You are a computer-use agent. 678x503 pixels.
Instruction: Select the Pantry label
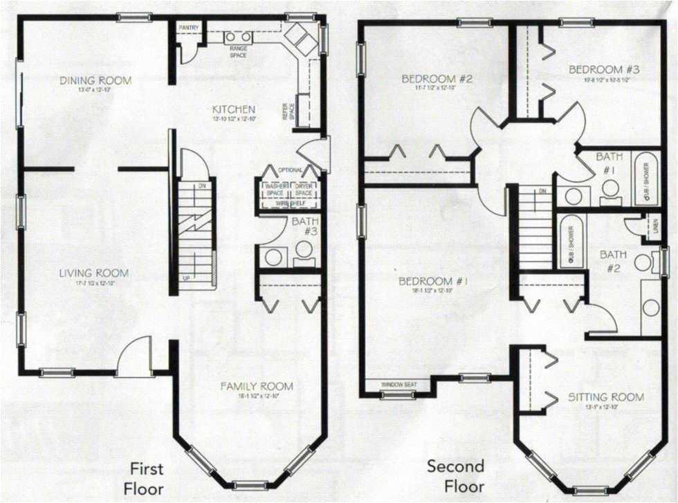point(189,28)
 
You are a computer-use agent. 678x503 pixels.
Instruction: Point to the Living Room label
point(93,274)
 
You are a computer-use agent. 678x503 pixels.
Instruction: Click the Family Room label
point(257,386)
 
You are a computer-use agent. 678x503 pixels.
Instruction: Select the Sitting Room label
point(605,397)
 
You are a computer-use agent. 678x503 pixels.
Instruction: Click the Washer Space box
point(276,190)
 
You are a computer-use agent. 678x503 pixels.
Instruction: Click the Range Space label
point(238,53)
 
